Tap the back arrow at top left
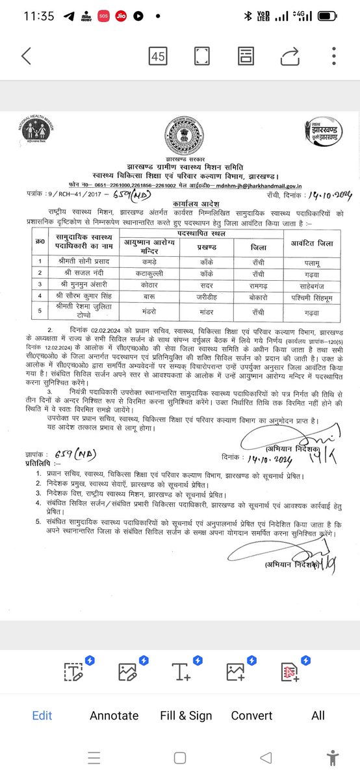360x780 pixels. [x=26, y=56]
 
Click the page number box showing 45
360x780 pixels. [x=157, y=57]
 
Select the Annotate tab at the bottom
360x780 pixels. [x=114, y=716]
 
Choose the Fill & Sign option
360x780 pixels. [x=186, y=716]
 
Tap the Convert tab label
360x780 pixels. [x=251, y=716]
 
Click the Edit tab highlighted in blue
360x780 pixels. [x=42, y=716]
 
